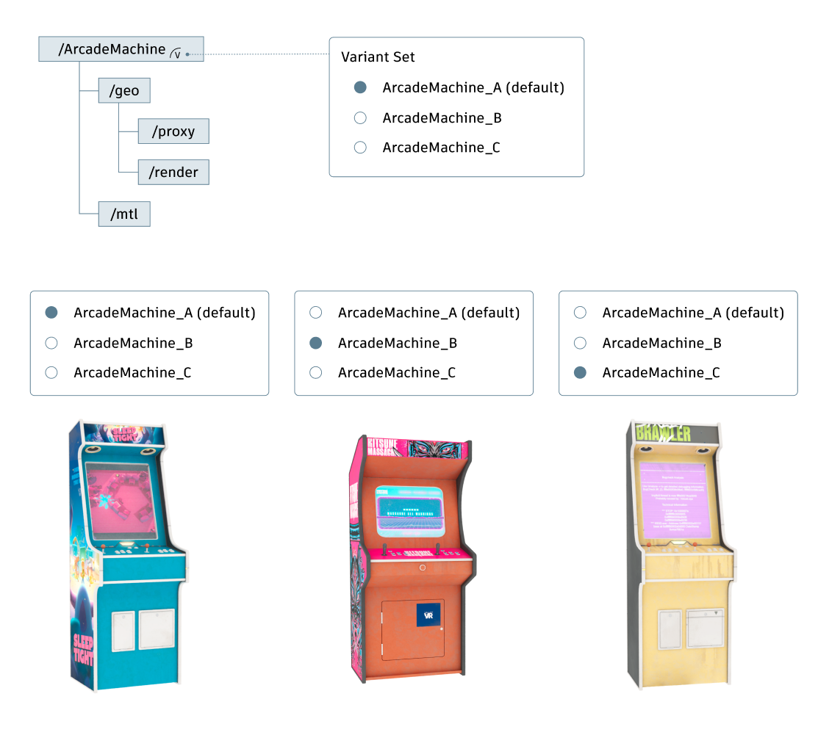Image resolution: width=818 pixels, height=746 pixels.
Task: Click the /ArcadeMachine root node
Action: tap(112, 49)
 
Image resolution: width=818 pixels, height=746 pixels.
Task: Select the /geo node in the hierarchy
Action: tap(119, 91)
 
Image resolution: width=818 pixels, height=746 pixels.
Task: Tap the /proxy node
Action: tap(173, 131)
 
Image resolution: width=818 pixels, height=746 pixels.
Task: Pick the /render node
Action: tap(173, 173)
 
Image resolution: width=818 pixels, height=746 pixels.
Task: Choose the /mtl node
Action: tap(124, 214)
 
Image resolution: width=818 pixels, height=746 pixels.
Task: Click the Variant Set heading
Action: tap(378, 57)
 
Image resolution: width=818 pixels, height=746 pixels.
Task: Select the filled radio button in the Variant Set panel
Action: tap(360, 88)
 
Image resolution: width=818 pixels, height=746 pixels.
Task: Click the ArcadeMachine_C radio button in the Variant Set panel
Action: tap(360, 148)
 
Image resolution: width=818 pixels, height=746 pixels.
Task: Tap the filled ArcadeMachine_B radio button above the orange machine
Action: tap(316, 343)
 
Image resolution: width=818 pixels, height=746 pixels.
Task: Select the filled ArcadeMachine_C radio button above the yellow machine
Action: tap(580, 373)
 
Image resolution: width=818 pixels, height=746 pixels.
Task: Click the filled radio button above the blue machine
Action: tap(51, 313)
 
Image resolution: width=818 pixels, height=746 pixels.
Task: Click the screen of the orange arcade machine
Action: tap(410, 510)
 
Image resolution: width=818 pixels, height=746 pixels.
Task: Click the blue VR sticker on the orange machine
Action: tap(428, 615)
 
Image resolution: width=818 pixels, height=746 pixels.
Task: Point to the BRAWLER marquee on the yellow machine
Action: tap(664, 433)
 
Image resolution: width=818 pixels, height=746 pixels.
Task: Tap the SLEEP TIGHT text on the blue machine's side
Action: tap(82, 649)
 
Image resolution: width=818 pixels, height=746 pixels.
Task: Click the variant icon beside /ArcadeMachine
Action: tap(176, 52)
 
